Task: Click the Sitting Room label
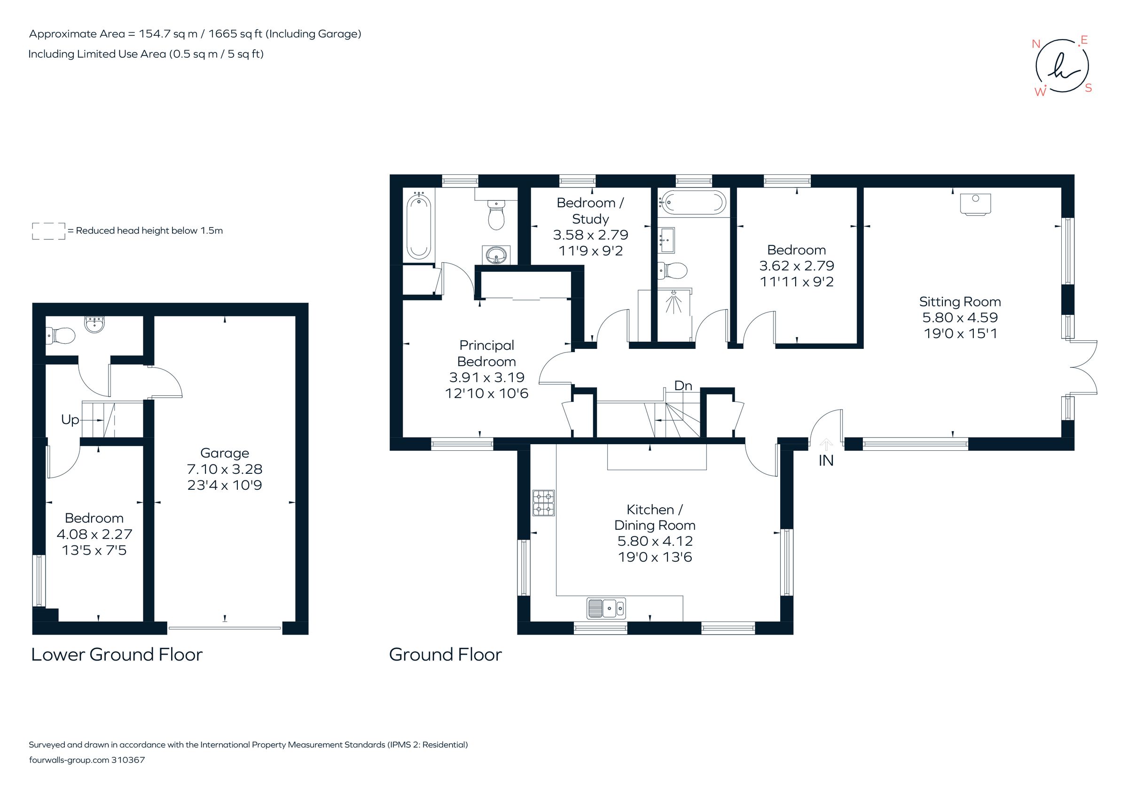959,302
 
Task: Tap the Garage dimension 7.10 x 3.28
225,469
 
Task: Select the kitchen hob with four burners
543,503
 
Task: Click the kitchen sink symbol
606,608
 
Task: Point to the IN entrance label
826,460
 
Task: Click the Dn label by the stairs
683,385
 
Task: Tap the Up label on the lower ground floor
70,420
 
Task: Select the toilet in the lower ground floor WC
61,336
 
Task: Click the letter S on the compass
1088,88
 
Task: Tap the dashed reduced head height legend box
48,231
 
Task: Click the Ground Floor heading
445,654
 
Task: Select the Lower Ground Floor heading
117,654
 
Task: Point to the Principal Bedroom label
486,353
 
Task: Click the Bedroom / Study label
590,210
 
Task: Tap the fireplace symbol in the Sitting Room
975,204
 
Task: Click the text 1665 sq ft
235,34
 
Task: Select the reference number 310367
128,760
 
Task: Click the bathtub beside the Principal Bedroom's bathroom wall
419,226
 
